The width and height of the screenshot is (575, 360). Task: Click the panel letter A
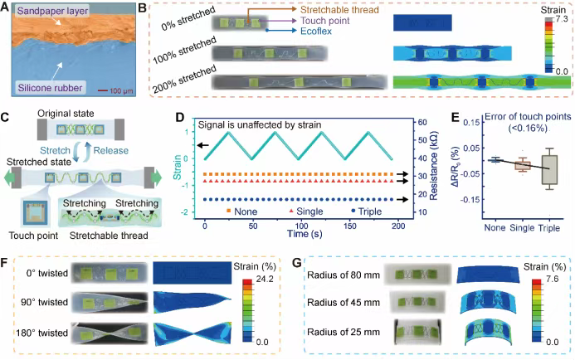point(7,7)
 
